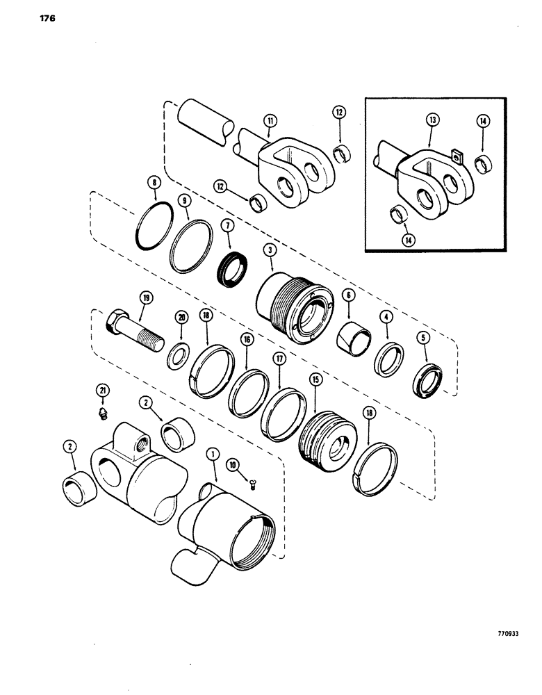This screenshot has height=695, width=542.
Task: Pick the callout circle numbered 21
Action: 103,392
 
